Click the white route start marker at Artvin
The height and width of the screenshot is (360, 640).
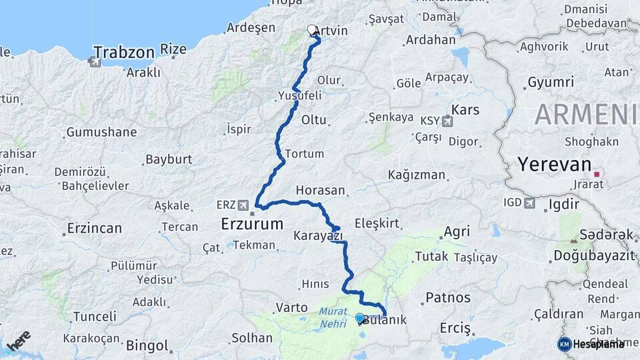tap(311, 29)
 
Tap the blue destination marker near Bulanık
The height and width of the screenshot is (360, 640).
tap(360, 318)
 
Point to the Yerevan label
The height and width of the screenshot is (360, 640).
tap(555, 164)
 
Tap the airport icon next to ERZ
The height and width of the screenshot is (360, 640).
tap(245, 205)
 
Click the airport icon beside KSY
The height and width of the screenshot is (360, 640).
tap(447, 121)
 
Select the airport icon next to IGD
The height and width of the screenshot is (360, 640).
tap(530, 202)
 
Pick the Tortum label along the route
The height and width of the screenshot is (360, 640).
tap(304, 153)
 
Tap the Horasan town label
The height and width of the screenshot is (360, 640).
tap(321, 190)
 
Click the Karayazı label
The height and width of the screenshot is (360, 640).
tap(318, 235)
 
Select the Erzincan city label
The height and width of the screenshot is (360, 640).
tap(94, 229)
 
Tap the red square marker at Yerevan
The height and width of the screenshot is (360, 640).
tap(597, 174)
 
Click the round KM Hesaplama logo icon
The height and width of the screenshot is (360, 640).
tap(564, 344)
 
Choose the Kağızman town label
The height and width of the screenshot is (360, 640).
tap(417, 175)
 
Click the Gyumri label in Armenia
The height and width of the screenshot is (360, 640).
tap(551, 82)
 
